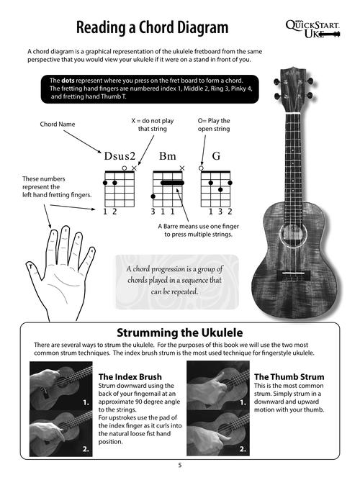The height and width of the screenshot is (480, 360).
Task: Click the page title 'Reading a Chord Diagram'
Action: point(152,28)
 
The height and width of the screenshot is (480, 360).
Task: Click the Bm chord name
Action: point(168,155)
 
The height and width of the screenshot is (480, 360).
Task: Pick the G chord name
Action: point(215,155)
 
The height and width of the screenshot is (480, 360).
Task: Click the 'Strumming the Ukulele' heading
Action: point(179,332)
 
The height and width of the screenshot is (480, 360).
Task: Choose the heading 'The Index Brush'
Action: point(130,376)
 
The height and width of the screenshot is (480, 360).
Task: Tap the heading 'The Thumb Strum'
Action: point(289,376)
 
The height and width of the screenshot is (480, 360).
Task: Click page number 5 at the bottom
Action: point(180,466)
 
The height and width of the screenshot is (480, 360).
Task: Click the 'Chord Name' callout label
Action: point(57,124)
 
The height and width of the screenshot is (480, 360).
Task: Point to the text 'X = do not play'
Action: point(155,120)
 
